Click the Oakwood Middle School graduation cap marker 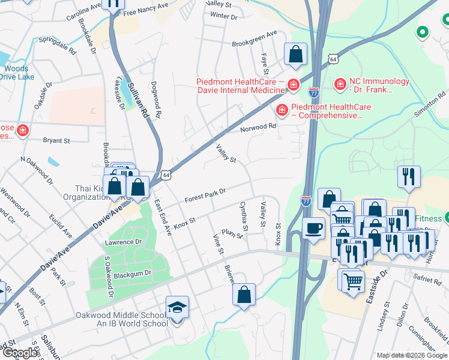(x=177, y=308)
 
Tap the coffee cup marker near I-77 (x=313, y=229)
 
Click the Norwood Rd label (x=258, y=127)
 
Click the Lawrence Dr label (x=123, y=242)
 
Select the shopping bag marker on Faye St (x=296, y=55)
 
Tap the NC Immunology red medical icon (x=340, y=85)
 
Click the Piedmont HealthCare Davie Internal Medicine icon (x=293, y=85)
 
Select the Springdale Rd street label (x=55, y=44)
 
